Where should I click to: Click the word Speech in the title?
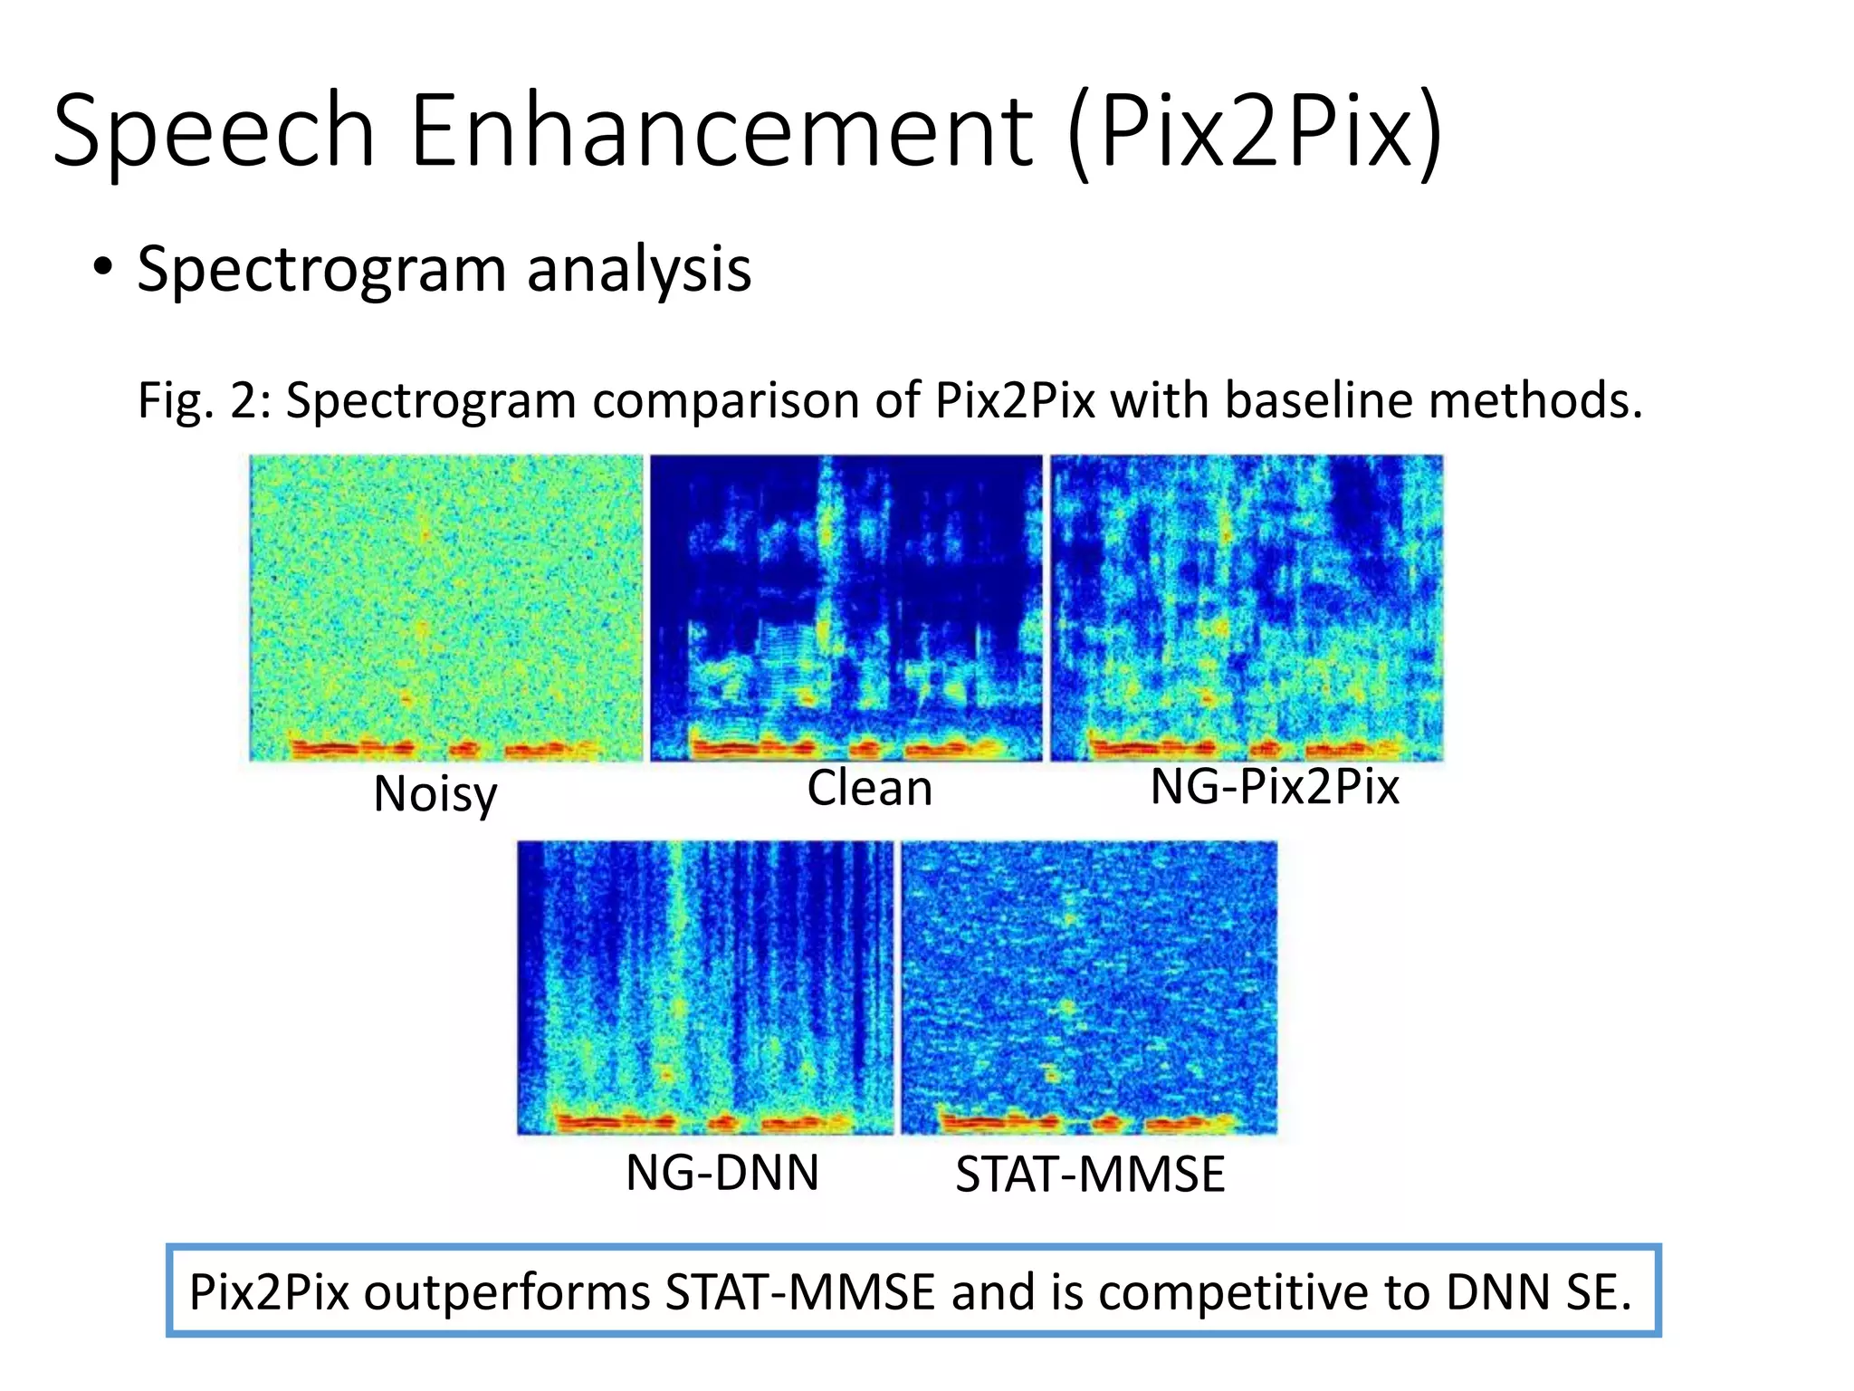click(214, 132)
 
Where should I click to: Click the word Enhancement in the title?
click(721, 132)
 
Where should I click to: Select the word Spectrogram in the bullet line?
click(321, 270)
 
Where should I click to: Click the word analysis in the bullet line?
click(638, 270)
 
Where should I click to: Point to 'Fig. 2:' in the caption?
click(203, 400)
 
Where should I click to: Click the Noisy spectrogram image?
click(445, 608)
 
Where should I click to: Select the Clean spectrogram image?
click(846, 608)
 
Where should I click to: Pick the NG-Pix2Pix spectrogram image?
click(1247, 608)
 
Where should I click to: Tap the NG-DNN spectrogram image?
click(705, 987)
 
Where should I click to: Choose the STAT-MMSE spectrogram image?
click(1089, 987)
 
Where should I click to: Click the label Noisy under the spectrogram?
click(435, 794)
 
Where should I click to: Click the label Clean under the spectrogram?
click(869, 788)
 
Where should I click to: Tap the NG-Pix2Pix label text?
click(1274, 786)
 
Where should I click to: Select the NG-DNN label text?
click(722, 1173)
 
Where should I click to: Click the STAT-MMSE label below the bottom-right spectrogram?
click(1090, 1175)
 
